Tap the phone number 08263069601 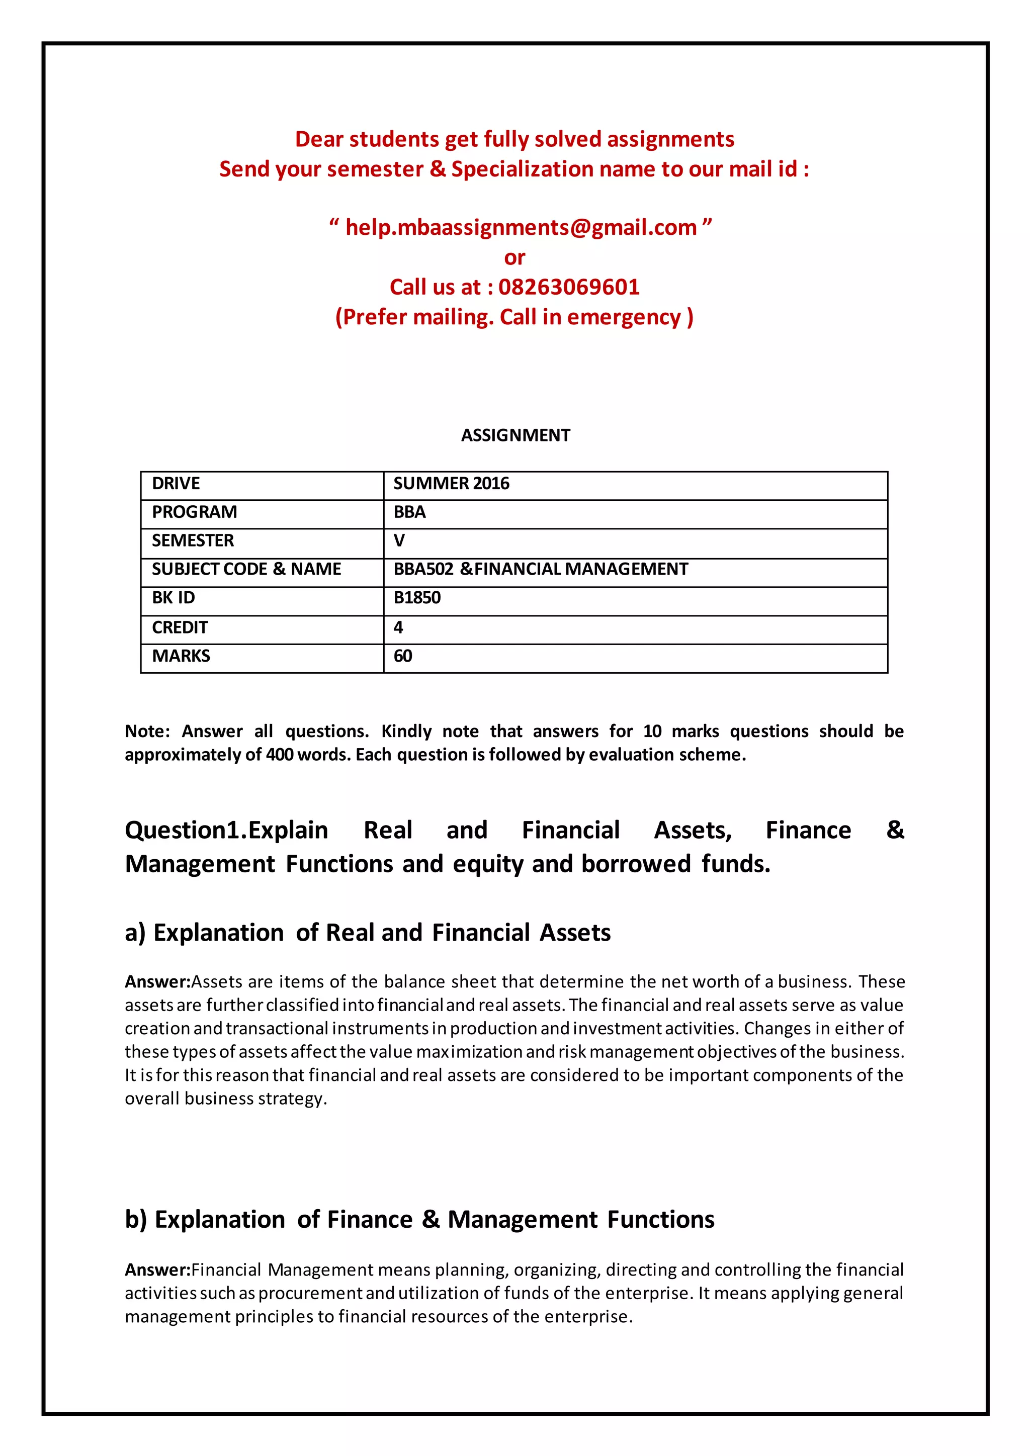coord(569,287)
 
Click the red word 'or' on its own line coord(514,257)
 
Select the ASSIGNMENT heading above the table coord(515,435)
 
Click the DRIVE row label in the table coord(176,483)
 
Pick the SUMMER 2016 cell coord(451,483)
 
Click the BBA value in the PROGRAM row coord(410,512)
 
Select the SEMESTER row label coord(193,540)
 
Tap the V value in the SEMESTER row coord(399,540)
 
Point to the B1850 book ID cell coord(417,597)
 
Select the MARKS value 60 coord(403,656)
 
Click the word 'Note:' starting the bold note coord(147,731)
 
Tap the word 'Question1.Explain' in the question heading coord(226,830)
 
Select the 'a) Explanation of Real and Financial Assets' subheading coord(368,933)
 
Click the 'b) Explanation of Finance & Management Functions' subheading coord(419,1220)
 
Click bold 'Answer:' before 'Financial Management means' coord(157,1270)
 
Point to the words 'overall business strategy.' coord(226,1099)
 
